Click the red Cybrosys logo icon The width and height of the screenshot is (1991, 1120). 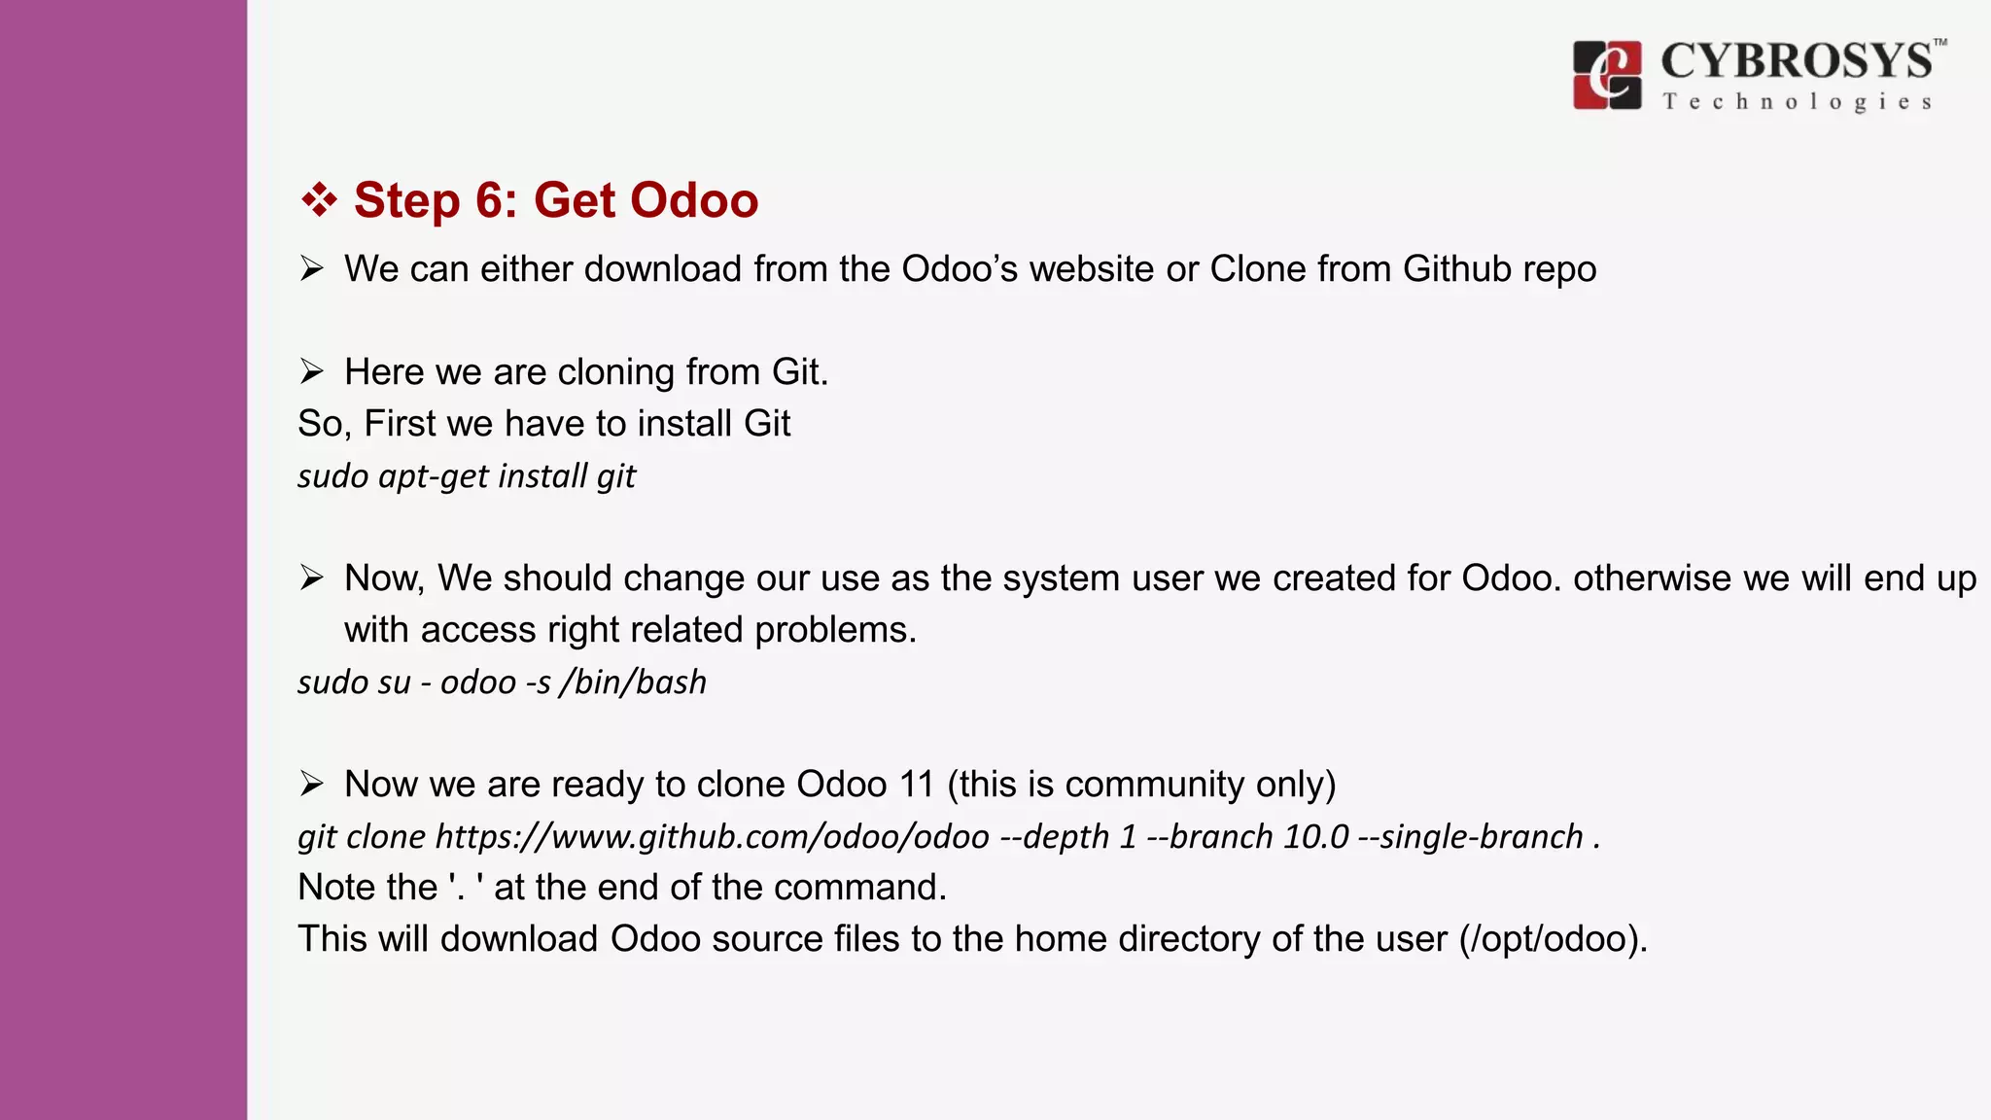pyautogui.click(x=1607, y=75)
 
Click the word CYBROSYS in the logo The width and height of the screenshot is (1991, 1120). pyautogui.click(x=1796, y=61)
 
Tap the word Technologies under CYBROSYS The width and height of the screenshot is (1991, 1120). pyautogui.click(x=1797, y=102)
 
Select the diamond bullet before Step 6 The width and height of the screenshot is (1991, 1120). pyautogui.click(x=318, y=200)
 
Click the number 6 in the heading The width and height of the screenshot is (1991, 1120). pyautogui.click(x=489, y=200)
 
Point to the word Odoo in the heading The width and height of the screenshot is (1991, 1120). pyautogui.click(x=694, y=200)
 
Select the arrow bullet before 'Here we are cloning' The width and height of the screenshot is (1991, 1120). pyautogui.click(x=311, y=371)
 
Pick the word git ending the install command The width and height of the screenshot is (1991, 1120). pyautogui.click(x=616, y=476)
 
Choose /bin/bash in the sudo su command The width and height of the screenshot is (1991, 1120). pyautogui.click(x=633, y=682)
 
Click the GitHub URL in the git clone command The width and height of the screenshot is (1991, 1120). pyautogui.click(x=712, y=836)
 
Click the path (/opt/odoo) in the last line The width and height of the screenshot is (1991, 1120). pyautogui.click(x=1553, y=939)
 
